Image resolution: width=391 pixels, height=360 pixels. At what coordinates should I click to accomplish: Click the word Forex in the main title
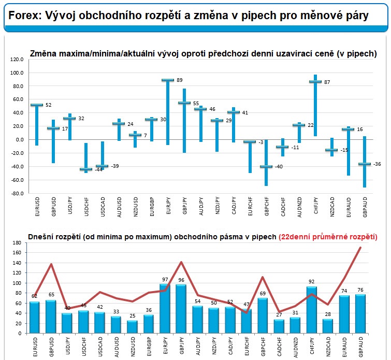[x=25, y=16]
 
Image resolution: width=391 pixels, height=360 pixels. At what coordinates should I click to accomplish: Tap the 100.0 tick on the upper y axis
[x=17, y=73]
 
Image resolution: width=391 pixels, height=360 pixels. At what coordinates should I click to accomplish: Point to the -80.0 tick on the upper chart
[x=17, y=193]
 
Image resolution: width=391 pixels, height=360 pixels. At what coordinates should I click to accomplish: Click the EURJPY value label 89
[x=180, y=80]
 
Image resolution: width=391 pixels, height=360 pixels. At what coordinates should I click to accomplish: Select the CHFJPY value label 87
[x=327, y=82]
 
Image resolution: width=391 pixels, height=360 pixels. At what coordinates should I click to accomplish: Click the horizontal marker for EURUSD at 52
[x=37, y=105]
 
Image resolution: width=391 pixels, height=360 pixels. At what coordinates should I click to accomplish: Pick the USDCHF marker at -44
[x=86, y=169]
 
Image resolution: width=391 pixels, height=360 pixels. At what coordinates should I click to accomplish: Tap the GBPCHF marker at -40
[x=266, y=166]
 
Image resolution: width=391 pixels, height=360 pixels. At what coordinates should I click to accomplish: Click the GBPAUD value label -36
[x=377, y=164]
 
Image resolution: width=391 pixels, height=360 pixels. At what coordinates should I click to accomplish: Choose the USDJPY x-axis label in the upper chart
[x=70, y=206]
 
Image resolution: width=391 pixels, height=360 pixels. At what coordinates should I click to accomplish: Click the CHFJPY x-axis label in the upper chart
[x=316, y=206]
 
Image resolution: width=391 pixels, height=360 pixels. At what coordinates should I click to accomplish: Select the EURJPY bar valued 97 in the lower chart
[x=165, y=309]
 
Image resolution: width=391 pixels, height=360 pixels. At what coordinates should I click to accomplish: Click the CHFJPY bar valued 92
[x=312, y=310]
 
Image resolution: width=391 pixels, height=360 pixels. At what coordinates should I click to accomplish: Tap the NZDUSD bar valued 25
[x=132, y=327]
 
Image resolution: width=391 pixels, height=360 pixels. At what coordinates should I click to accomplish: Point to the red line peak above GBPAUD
[x=360, y=248]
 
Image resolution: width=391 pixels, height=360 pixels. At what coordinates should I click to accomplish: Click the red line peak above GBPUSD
[x=51, y=264]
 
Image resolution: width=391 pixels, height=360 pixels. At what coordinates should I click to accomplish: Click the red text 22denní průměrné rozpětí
[x=328, y=237]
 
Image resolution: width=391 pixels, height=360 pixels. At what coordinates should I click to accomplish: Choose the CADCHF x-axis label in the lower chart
[x=279, y=347]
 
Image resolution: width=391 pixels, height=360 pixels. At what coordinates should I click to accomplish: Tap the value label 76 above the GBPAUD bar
[x=360, y=290]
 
